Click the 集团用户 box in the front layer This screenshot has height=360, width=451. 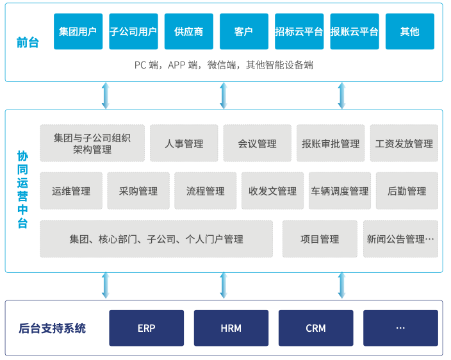click(x=78, y=31)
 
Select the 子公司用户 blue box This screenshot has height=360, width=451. click(x=133, y=31)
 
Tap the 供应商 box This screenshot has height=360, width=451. click(x=188, y=31)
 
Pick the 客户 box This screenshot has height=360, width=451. click(x=243, y=31)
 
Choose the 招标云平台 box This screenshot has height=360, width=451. click(x=299, y=31)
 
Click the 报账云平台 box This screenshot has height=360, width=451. click(x=354, y=31)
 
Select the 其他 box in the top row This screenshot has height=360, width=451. click(x=409, y=31)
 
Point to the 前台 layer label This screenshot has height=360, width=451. click(x=27, y=44)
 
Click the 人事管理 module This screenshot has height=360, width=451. click(x=184, y=143)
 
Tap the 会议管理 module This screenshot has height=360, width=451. click(x=257, y=143)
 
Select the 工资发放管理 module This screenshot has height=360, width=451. click(x=404, y=143)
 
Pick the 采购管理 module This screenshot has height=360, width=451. click(x=138, y=191)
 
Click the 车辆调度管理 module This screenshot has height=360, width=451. click(x=340, y=191)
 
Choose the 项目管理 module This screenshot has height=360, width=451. click(x=320, y=239)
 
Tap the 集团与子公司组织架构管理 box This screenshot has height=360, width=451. click(x=92, y=143)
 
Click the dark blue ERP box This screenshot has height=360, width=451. click(x=147, y=328)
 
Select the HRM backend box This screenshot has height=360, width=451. click(x=231, y=328)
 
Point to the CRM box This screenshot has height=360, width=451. click(x=316, y=328)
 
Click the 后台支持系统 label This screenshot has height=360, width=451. click(x=52, y=329)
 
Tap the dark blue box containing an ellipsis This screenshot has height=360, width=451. click(x=400, y=328)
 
